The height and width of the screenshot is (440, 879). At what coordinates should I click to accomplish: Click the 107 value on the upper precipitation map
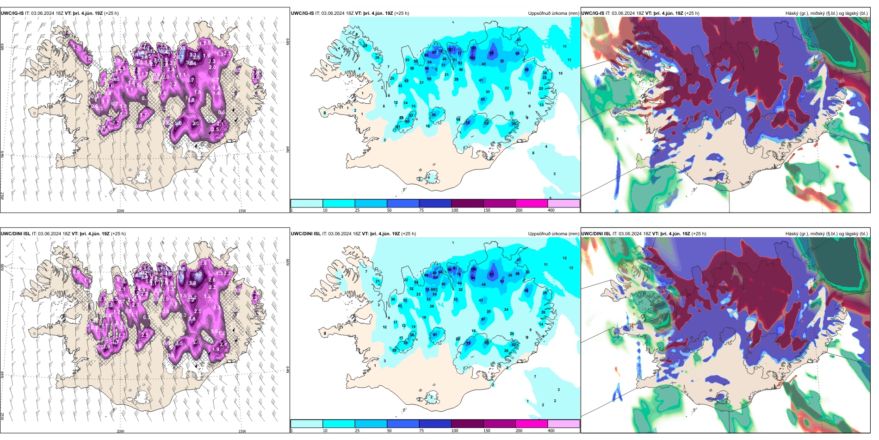(x=452, y=50)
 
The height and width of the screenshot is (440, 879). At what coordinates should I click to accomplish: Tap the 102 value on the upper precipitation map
(x=472, y=58)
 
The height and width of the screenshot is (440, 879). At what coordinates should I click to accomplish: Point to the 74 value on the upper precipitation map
(x=467, y=123)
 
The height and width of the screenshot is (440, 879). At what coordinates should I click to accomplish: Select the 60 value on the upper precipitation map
(x=517, y=53)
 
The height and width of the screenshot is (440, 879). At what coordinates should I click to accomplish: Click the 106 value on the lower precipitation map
(x=473, y=269)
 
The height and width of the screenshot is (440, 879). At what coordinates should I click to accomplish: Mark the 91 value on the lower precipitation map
(x=492, y=274)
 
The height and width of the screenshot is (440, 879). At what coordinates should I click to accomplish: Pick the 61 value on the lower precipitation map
(x=435, y=334)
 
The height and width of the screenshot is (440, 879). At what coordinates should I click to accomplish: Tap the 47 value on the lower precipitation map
(x=519, y=260)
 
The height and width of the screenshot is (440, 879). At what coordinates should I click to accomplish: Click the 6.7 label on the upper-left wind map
(x=180, y=57)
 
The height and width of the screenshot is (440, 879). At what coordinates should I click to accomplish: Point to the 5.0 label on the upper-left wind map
(x=179, y=124)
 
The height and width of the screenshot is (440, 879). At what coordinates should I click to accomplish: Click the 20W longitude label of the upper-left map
(x=120, y=211)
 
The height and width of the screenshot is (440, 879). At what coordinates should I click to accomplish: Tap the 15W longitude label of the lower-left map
(x=241, y=431)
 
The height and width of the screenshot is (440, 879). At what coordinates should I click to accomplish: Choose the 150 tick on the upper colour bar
(x=487, y=210)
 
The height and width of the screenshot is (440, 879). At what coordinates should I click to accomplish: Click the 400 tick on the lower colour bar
(x=551, y=431)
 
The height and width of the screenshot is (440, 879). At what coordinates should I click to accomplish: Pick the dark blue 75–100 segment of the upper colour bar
(x=435, y=203)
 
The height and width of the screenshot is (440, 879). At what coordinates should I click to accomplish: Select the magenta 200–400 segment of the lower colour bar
(x=531, y=424)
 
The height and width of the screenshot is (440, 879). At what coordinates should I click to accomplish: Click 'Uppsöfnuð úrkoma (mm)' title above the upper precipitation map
(x=553, y=13)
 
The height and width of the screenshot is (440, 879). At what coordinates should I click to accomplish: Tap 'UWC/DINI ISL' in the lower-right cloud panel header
(x=596, y=234)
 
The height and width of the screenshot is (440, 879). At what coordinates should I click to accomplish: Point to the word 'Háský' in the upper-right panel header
(x=792, y=13)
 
